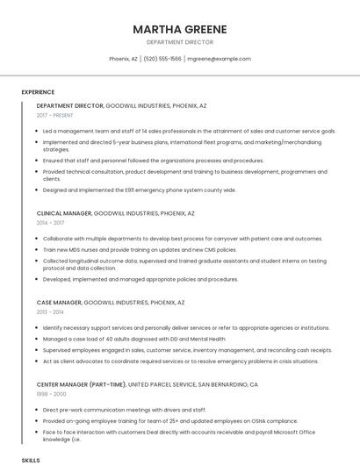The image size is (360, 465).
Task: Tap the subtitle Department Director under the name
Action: click(x=180, y=41)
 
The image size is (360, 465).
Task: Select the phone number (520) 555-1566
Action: click(x=162, y=59)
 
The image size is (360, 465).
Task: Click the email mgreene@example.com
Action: click(x=219, y=59)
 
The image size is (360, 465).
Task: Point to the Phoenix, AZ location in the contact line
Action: click(x=123, y=59)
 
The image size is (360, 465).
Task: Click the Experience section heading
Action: click(x=38, y=92)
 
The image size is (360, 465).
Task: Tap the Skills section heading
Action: click(x=31, y=460)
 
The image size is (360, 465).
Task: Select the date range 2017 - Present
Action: click(x=55, y=115)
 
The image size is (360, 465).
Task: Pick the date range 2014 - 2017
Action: click(x=51, y=223)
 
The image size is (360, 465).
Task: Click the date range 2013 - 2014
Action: click(x=51, y=311)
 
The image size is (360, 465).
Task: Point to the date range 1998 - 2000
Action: click(x=51, y=394)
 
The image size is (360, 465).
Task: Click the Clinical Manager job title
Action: click(x=63, y=213)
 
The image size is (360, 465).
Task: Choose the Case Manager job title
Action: click(x=58, y=302)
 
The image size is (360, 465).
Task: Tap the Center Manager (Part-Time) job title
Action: click(x=81, y=384)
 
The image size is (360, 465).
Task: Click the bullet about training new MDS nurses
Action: click(x=140, y=249)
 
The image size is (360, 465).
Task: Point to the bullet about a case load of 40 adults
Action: click(x=133, y=338)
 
